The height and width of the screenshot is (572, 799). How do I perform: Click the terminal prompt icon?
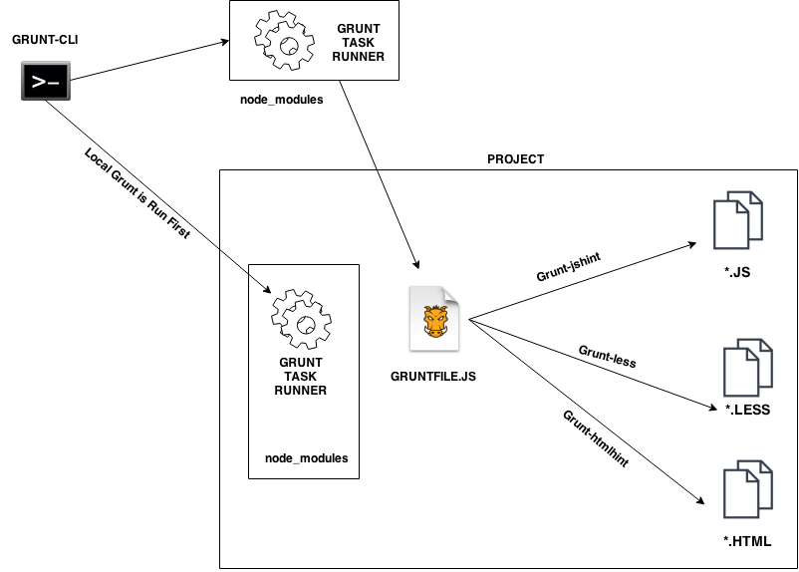46,82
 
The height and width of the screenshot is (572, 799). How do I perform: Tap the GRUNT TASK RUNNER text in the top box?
359,43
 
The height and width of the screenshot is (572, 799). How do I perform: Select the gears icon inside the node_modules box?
300,317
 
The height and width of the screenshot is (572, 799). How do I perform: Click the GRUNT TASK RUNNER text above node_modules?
300,376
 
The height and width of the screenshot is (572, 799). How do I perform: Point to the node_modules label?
306,457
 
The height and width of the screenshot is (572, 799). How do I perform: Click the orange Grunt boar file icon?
435,319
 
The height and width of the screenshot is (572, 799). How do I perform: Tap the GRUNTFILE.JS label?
433,378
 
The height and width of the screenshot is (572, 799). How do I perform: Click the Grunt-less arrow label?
607,356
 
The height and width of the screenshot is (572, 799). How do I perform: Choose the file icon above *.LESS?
748,368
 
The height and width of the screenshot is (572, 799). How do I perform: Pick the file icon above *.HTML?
748,489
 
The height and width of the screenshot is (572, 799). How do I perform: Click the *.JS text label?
738,270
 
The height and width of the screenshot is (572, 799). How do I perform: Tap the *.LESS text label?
747,410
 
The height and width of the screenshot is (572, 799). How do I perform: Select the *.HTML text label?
747,540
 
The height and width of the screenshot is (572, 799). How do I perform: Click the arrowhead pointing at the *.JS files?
691,243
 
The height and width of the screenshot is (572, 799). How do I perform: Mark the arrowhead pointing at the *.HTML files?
703,502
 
